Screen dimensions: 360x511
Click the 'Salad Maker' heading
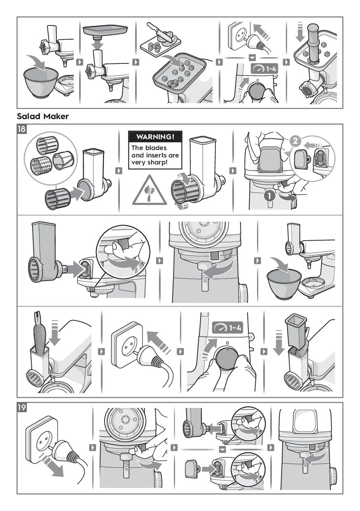[x=43, y=116]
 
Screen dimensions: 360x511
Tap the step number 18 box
[x=22, y=129]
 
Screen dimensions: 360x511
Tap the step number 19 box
[x=22, y=408]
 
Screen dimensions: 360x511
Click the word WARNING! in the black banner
[x=155, y=137]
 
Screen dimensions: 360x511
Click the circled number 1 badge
[x=269, y=196]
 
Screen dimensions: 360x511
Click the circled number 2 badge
[x=295, y=141]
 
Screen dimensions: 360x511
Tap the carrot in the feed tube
[x=40, y=333]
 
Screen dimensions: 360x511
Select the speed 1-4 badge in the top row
[x=264, y=68]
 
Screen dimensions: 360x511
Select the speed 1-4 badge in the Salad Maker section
[x=228, y=328]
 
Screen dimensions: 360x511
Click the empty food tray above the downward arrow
[x=105, y=31]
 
